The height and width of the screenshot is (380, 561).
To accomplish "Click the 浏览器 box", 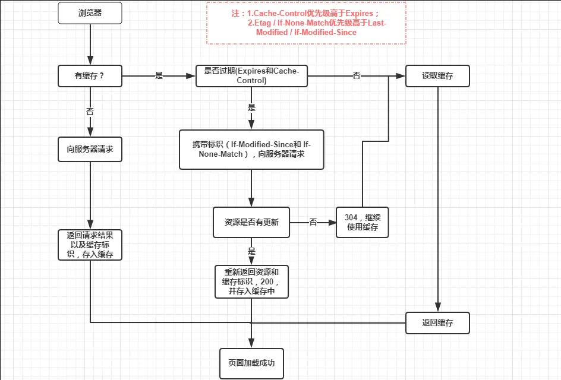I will [x=90, y=12].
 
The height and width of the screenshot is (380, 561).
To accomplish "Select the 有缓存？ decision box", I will [x=90, y=76].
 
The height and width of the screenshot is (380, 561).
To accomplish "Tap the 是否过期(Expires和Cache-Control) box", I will [x=251, y=76].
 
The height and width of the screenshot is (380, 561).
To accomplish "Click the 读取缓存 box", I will [x=437, y=76].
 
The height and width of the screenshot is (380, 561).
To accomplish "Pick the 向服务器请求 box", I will [x=90, y=150].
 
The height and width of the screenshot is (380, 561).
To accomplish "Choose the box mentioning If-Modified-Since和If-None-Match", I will [x=251, y=150].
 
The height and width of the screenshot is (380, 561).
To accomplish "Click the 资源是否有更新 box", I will [x=251, y=222].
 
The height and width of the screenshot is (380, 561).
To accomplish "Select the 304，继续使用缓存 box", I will [x=362, y=222].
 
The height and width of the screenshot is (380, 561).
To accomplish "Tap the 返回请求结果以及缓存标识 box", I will [x=90, y=245].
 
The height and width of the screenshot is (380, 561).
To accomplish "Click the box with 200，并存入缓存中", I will [x=251, y=281].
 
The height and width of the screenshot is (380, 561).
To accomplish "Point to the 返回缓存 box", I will [x=437, y=323].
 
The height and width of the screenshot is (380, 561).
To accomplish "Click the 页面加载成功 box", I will [x=251, y=362].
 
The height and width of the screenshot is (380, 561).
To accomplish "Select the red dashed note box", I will [x=306, y=23].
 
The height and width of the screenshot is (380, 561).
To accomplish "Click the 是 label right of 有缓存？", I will [x=159, y=76].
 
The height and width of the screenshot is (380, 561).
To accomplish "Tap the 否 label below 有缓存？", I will [x=90, y=111].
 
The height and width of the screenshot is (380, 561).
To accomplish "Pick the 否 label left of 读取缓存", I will [x=357, y=76].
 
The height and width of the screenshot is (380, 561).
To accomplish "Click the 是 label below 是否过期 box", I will [x=251, y=108].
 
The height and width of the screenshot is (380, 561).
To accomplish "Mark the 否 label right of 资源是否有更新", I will [x=313, y=222].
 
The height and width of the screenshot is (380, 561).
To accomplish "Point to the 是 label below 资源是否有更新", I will [x=251, y=251].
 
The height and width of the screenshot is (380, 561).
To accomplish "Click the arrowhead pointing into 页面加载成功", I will [x=251, y=343].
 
